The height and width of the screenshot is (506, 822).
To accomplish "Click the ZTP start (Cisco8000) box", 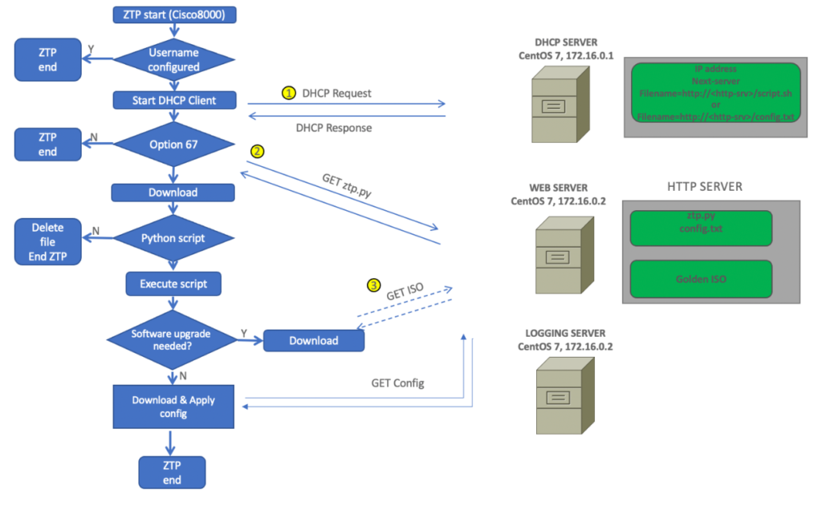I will (x=173, y=15).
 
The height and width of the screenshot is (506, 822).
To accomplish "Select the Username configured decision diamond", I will (x=173, y=60).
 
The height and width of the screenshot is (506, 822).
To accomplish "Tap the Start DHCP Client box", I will (x=173, y=100).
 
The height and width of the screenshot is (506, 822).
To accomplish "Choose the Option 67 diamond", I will (x=173, y=145).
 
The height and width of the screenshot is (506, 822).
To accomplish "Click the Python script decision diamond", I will (x=173, y=238).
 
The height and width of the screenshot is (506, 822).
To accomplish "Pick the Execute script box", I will (x=173, y=283).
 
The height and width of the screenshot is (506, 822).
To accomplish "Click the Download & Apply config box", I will (x=173, y=407).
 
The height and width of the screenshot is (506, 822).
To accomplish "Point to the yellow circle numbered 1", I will (x=289, y=93).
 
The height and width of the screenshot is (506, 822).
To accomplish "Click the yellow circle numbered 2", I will (x=258, y=151).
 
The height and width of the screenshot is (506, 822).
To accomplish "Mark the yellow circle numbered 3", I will (x=373, y=285).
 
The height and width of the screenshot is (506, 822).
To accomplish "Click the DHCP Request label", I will (x=336, y=93).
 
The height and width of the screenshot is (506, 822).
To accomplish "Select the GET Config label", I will (x=397, y=383).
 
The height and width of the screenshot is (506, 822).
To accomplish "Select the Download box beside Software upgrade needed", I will (x=314, y=340).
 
